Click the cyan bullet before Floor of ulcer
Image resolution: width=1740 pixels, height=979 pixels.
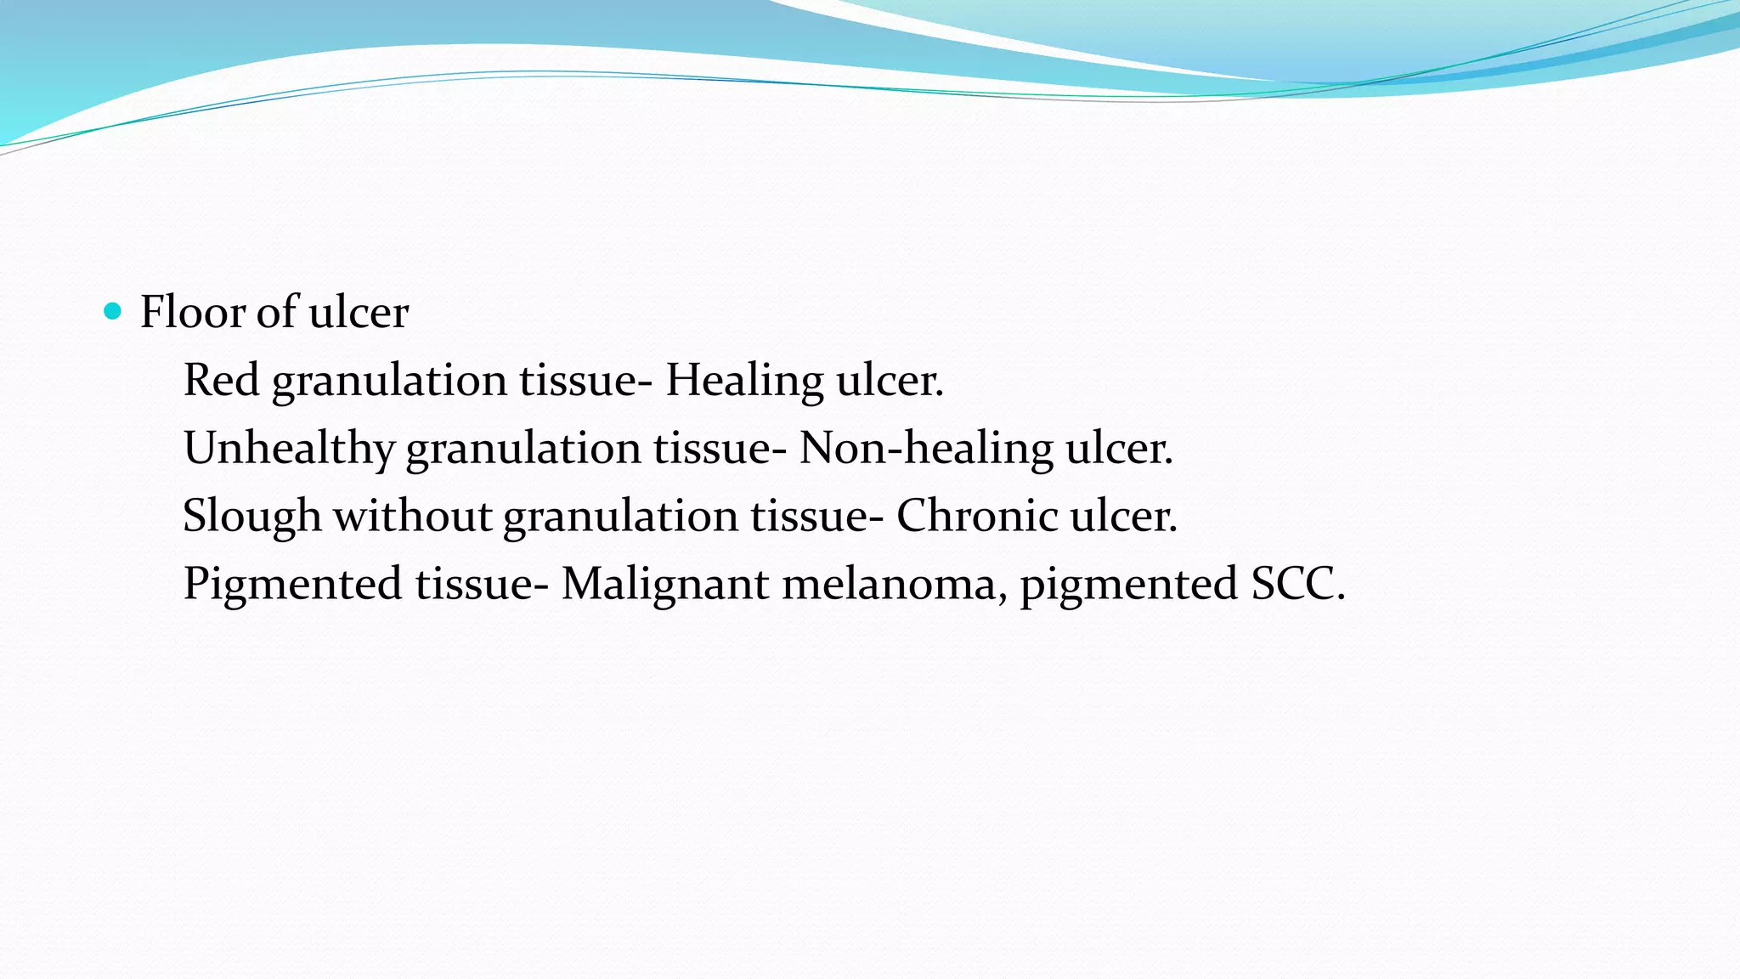[x=112, y=311]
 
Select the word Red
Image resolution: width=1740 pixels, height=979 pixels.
[x=221, y=379]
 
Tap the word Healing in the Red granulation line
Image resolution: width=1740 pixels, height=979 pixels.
[x=744, y=381]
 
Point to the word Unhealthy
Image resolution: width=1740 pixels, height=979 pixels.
[x=289, y=449]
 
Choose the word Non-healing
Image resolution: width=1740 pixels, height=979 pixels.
[x=925, y=449]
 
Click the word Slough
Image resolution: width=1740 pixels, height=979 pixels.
[x=251, y=517]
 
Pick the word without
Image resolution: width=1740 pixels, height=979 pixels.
[x=412, y=515]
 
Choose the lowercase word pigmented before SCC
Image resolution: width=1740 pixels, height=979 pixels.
[x=1128, y=585]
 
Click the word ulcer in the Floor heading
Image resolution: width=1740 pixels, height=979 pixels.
[x=359, y=311]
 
